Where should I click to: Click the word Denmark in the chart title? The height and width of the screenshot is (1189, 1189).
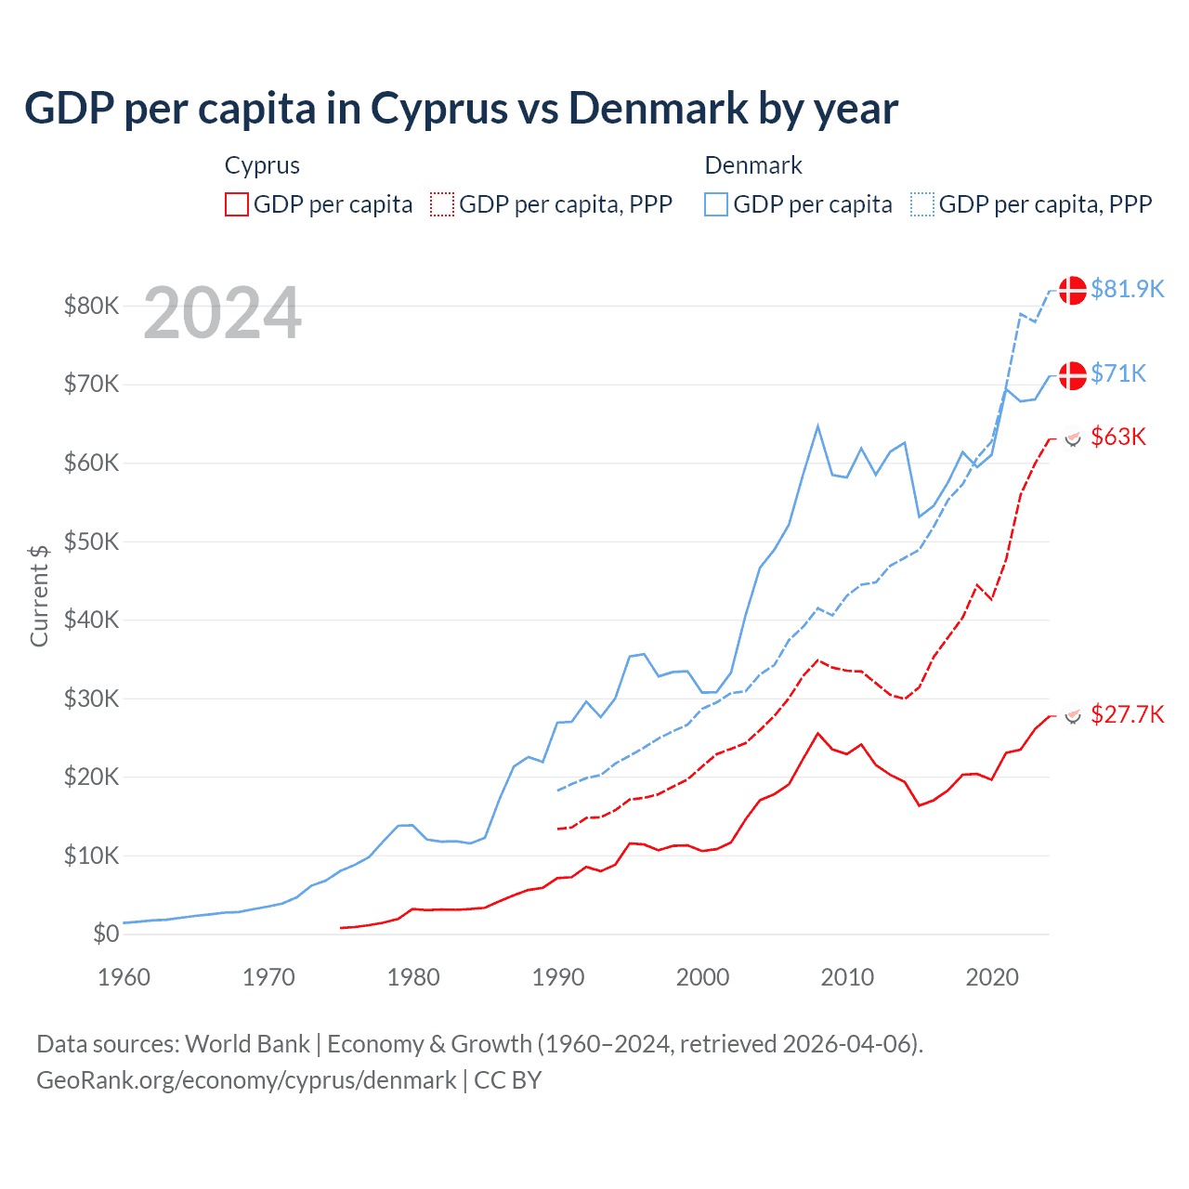pos(657,109)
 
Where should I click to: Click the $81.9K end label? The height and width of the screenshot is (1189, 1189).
pos(1127,289)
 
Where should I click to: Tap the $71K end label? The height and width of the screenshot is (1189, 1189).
pos(1118,373)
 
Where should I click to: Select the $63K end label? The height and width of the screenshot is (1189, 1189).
pos(1118,437)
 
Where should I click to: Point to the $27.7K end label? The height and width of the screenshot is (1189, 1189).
pos(1127,714)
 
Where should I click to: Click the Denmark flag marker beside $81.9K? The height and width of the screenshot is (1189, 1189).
pos(1073,290)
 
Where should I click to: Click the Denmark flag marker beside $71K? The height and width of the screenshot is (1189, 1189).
pos(1073,375)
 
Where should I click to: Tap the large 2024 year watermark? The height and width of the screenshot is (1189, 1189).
pos(222,314)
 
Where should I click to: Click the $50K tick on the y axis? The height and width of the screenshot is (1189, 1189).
pos(91,542)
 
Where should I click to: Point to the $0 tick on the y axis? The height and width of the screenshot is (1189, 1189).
pos(105,934)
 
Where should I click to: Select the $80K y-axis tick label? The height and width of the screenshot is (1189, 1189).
pos(91,306)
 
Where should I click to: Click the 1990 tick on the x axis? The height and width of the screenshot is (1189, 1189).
pos(557,977)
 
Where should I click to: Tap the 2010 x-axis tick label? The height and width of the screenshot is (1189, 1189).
pos(847,977)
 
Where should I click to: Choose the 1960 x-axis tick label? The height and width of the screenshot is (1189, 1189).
pos(124,977)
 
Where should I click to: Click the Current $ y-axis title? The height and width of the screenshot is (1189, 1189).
pos(39,595)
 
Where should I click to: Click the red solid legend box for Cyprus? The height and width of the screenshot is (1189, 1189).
pos(237,204)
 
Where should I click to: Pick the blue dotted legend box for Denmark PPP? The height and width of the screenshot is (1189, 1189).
pos(922,204)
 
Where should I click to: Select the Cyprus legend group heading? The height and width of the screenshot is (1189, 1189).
pos(262,165)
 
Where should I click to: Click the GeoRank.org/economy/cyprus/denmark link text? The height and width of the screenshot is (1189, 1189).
pos(246,1080)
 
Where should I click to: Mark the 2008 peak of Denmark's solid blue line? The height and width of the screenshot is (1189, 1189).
pos(817,426)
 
